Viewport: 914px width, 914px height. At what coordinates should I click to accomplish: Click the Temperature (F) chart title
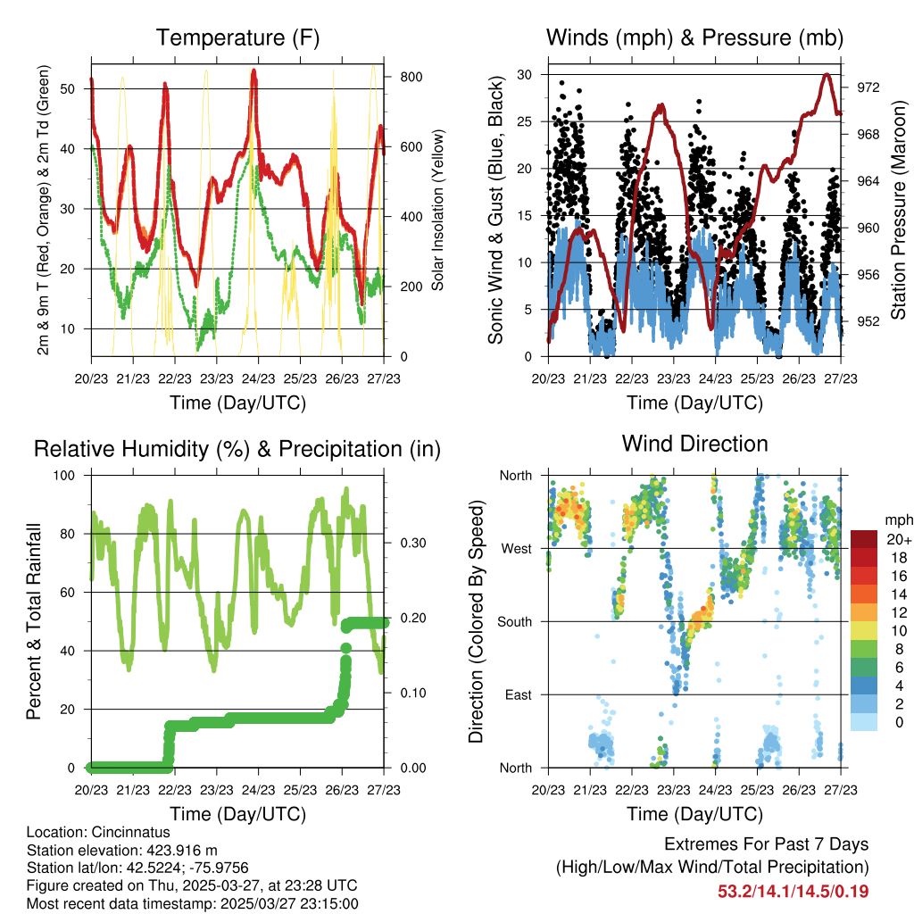(x=237, y=38)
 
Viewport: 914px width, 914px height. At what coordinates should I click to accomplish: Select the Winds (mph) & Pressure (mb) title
(x=694, y=38)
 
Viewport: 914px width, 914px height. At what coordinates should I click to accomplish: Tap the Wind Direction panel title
(x=694, y=444)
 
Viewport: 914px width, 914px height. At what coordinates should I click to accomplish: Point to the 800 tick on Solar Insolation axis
(x=398, y=77)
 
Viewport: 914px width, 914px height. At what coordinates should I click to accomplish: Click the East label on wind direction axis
(x=518, y=694)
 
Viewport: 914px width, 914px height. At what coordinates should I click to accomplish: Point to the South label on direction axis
(x=514, y=621)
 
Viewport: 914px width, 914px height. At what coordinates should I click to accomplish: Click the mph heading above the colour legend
(x=897, y=519)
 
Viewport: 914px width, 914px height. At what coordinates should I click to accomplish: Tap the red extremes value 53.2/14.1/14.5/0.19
(x=793, y=891)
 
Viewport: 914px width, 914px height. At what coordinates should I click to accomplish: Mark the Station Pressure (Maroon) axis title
(x=898, y=211)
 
